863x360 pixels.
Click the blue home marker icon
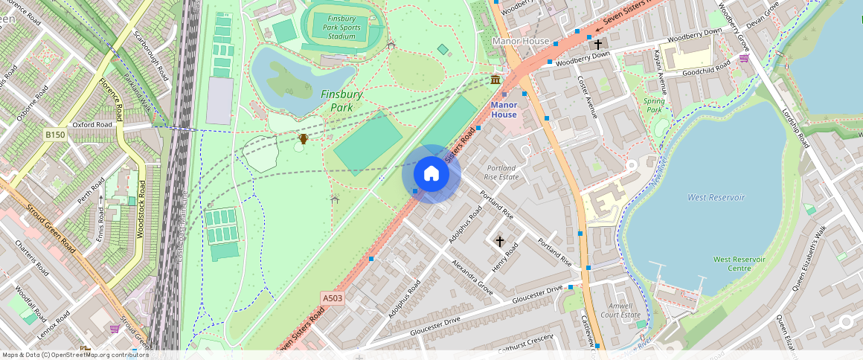[x=431, y=174]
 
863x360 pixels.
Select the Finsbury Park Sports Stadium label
[x=341, y=26]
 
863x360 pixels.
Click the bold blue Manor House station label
[x=504, y=110]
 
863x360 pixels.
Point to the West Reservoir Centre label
[x=739, y=263]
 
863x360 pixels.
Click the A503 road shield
[x=333, y=298]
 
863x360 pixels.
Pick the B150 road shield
[x=55, y=135]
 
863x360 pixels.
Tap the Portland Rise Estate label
[x=501, y=173]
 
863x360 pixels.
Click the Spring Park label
[x=654, y=106]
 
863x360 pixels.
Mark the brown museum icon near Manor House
[x=495, y=80]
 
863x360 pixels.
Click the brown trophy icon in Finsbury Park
[x=303, y=138]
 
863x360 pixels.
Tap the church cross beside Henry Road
[x=500, y=241]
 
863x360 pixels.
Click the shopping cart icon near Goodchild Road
[x=743, y=58]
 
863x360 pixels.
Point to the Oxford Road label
[x=91, y=125]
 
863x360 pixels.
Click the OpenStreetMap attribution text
[x=75, y=355]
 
